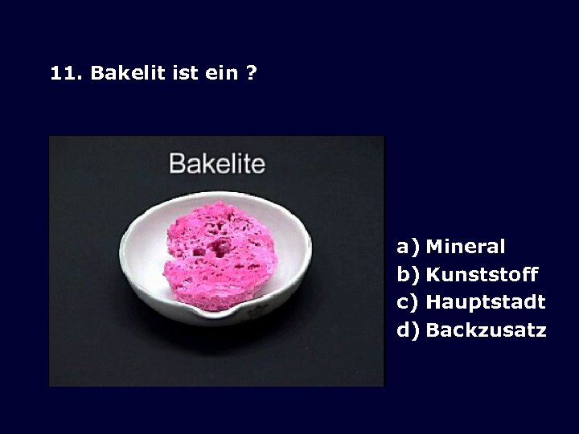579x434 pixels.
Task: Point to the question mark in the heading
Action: coord(252,73)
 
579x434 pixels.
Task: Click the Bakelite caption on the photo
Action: coord(216,164)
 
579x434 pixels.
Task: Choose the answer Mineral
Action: coord(465,247)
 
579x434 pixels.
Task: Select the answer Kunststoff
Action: coord(481,275)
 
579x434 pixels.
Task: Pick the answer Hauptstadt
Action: coord(485,302)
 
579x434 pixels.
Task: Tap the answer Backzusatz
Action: coord(486,330)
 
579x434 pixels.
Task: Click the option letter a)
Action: coord(408,247)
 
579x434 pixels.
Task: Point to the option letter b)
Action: coord(408,275)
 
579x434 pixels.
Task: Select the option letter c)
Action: coord(408,302)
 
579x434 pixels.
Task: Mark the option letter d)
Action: coord(408,330)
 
